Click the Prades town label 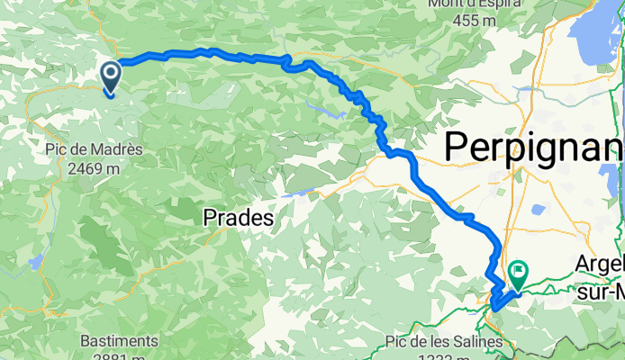coord(238,217)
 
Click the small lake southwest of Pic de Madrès coord(35,262)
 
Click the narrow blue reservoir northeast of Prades coord(299,192)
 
